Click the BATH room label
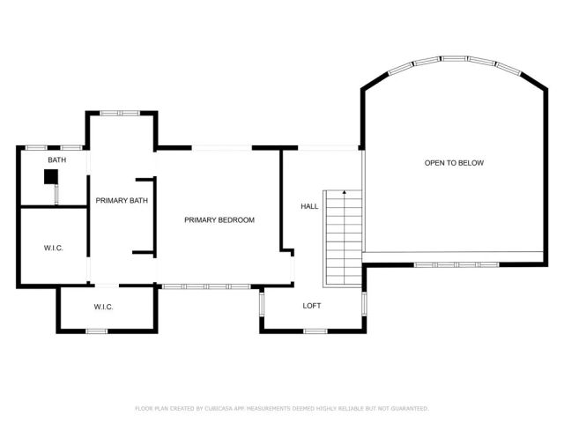[57, 160]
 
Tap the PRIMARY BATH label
[122, 201]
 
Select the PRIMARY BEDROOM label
[219, 219]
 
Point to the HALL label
[309, 206]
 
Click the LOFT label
[312, 306]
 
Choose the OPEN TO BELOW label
[454, 163]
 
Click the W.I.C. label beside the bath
[53, 248]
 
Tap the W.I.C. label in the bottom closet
[104, 307]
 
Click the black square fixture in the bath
[52, 177]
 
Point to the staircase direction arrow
[345, 192]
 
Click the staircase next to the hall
[343, 238]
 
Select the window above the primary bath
[119, 113]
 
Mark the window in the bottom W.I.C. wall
[96, 330]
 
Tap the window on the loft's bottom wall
[315, 330]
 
